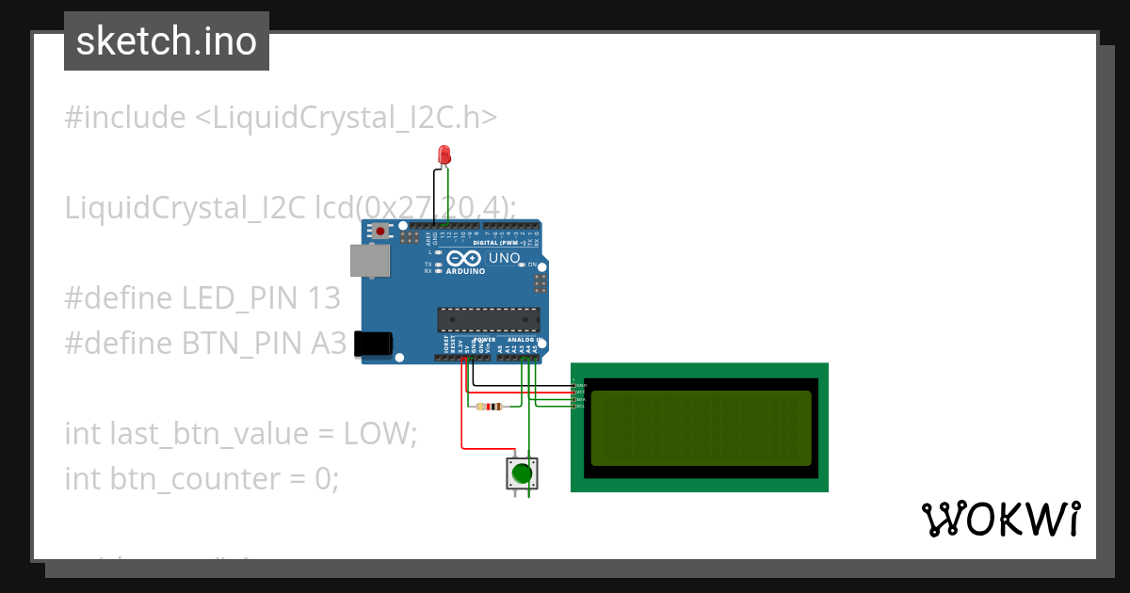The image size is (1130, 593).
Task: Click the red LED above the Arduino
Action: tap(444, 154)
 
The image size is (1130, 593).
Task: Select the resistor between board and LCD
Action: tap(489, 407)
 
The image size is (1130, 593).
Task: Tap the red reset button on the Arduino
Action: tap(380, 231)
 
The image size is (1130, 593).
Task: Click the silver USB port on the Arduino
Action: tap(369, 261)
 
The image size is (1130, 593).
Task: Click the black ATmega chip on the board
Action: tap(489, 319)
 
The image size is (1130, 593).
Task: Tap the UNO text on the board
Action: tap(505, 258)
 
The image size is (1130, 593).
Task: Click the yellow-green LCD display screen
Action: tap(700, 427)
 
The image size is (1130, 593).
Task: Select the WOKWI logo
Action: tap(1000, 519)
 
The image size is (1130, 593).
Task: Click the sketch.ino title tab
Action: tap(167, 41)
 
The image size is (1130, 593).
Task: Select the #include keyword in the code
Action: tap(125, 118)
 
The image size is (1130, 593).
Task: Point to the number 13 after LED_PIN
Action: tap(323, 298)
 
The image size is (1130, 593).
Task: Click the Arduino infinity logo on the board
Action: tap(464, 258)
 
